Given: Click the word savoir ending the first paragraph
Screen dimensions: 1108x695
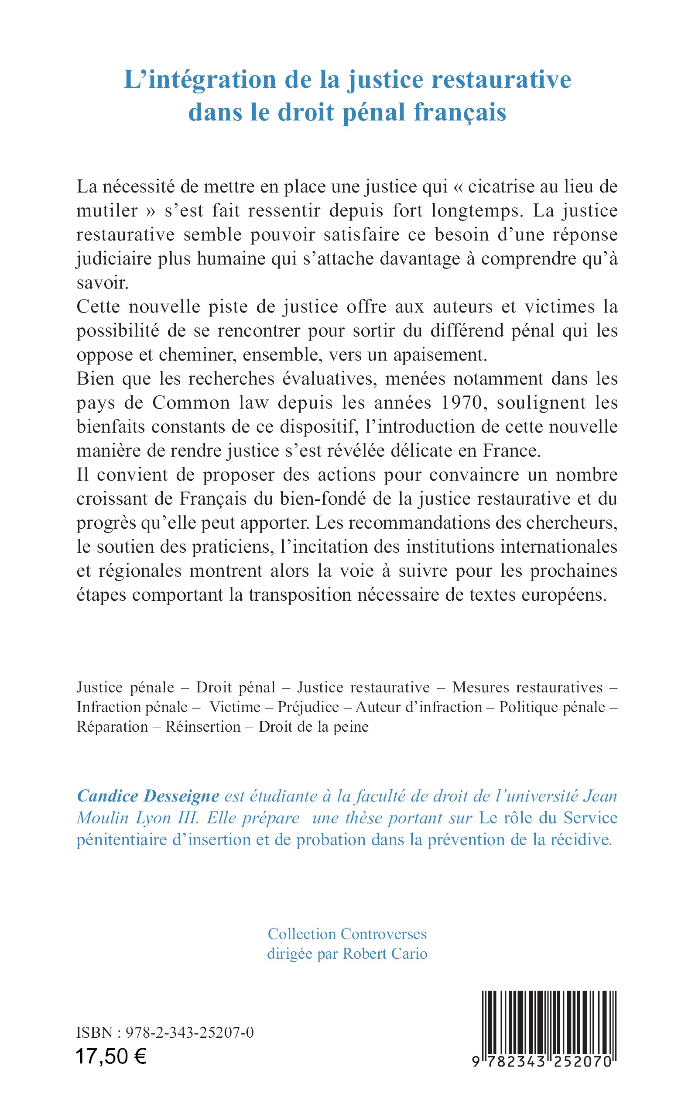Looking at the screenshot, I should [x=103, y=283].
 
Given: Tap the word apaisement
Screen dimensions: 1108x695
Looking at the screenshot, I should [x=431, y=355].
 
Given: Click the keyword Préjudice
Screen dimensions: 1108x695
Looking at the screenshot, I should [x=308, y=707].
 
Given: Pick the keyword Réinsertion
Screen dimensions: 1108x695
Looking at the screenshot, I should [x=203, y=727].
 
